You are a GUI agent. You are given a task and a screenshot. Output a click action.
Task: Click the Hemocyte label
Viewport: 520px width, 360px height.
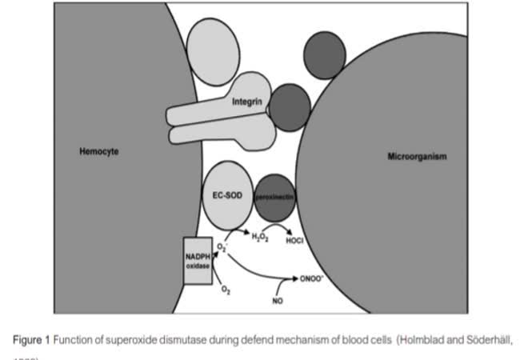pos(99,150)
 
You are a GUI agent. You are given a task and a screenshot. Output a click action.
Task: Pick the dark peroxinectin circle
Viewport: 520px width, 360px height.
pos(275,197)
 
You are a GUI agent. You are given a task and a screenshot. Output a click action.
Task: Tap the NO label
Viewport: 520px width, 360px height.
pos(278,302)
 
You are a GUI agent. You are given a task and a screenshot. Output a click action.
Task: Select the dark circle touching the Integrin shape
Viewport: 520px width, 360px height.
pos(289,104)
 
